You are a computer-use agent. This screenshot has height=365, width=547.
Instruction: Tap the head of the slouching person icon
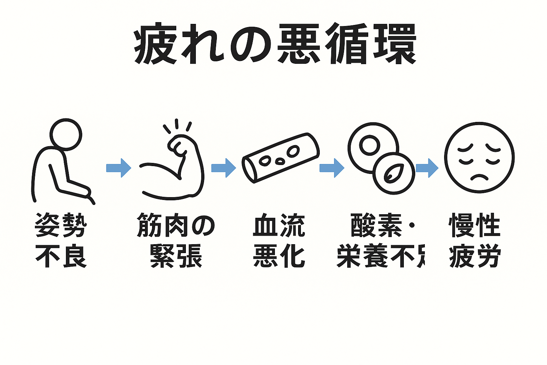66,135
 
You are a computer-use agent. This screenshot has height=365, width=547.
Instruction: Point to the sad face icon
479,158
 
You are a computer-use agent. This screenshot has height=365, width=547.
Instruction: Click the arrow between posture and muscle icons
119,168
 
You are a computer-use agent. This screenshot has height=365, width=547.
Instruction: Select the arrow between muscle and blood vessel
223,168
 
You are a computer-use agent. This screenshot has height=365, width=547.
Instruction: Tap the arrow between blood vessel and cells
332,168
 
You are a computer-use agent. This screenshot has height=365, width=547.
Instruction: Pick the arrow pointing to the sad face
427,168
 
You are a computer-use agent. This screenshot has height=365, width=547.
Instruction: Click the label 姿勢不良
61,240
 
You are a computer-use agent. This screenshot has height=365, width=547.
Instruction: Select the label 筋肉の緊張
176,240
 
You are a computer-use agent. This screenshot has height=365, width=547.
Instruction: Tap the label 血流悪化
279,240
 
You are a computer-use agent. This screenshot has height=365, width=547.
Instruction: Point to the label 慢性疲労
475,240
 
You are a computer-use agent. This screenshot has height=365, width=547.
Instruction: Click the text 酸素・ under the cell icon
383,225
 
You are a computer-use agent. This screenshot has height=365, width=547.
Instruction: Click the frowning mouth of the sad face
479,176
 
